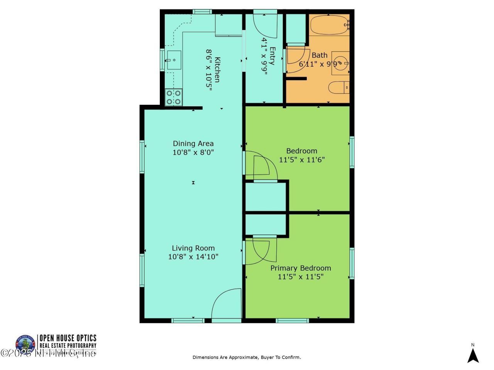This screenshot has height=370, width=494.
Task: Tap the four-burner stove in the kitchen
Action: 174,97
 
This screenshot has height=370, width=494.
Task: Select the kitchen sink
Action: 174,60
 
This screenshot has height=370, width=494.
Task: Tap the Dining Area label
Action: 193,144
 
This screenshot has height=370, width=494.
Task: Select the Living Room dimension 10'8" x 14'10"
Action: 193,257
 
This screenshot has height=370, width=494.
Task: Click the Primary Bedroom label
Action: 301,268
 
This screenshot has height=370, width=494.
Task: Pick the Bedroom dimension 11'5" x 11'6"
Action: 301,159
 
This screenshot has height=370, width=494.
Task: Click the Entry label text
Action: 272,56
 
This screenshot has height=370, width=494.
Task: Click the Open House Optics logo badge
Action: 25,344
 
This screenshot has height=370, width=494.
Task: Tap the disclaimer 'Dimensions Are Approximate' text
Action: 247,357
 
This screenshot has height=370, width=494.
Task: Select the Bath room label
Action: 319,55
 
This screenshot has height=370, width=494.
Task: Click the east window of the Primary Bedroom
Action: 352,263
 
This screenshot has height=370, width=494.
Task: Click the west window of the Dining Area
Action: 142,156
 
